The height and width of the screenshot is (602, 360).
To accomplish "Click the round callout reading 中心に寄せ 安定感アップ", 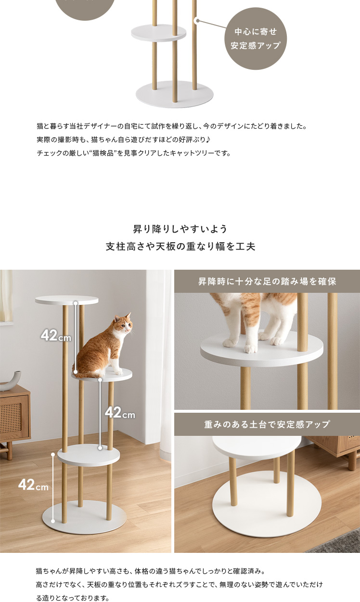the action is tap(256, 39).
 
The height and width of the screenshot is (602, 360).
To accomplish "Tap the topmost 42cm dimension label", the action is tap(56, 335).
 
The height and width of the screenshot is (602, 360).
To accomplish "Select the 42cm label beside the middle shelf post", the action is tap(120, 412).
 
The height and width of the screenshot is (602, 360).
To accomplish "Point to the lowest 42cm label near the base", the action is tap(33, 484).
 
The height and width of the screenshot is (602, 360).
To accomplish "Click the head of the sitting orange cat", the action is tap(124, 323).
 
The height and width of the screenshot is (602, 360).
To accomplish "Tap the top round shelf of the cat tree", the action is tap(66, 300).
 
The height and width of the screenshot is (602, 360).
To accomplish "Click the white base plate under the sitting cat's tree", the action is tap(84, 517).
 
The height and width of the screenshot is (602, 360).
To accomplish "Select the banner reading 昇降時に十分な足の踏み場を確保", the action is tap(267, 281).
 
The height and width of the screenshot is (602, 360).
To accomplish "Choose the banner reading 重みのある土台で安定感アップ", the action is tap(267, 424).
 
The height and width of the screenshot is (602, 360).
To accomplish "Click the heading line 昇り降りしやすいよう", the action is tap(180, 229).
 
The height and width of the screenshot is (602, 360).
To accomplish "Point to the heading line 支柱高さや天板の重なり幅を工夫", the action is tap(180, 246).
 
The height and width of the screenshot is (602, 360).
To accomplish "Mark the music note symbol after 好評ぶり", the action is tap(208, 140).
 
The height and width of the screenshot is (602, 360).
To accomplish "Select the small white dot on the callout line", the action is tap(197, 21).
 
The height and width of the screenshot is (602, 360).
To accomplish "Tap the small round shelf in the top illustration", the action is tap(158, 33).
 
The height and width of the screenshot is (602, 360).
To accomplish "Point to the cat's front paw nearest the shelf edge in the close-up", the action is tap(250, 349).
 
